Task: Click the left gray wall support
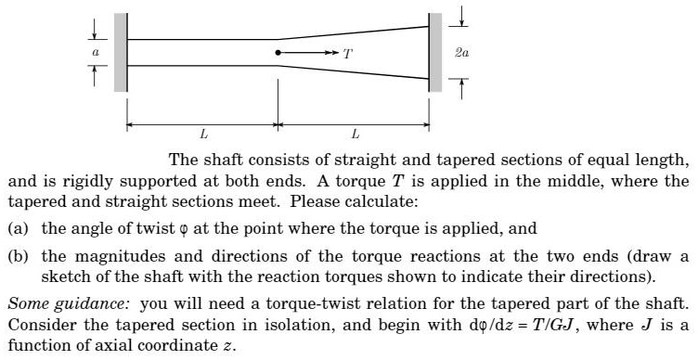(x=120, y=53)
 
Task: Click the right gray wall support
(x=434, y=53)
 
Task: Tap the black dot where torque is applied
(x=278, y=53)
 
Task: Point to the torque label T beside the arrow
(x=347, y=54)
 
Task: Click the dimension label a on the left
(x=93, y=54)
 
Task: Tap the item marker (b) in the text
(x=19, y=256)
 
